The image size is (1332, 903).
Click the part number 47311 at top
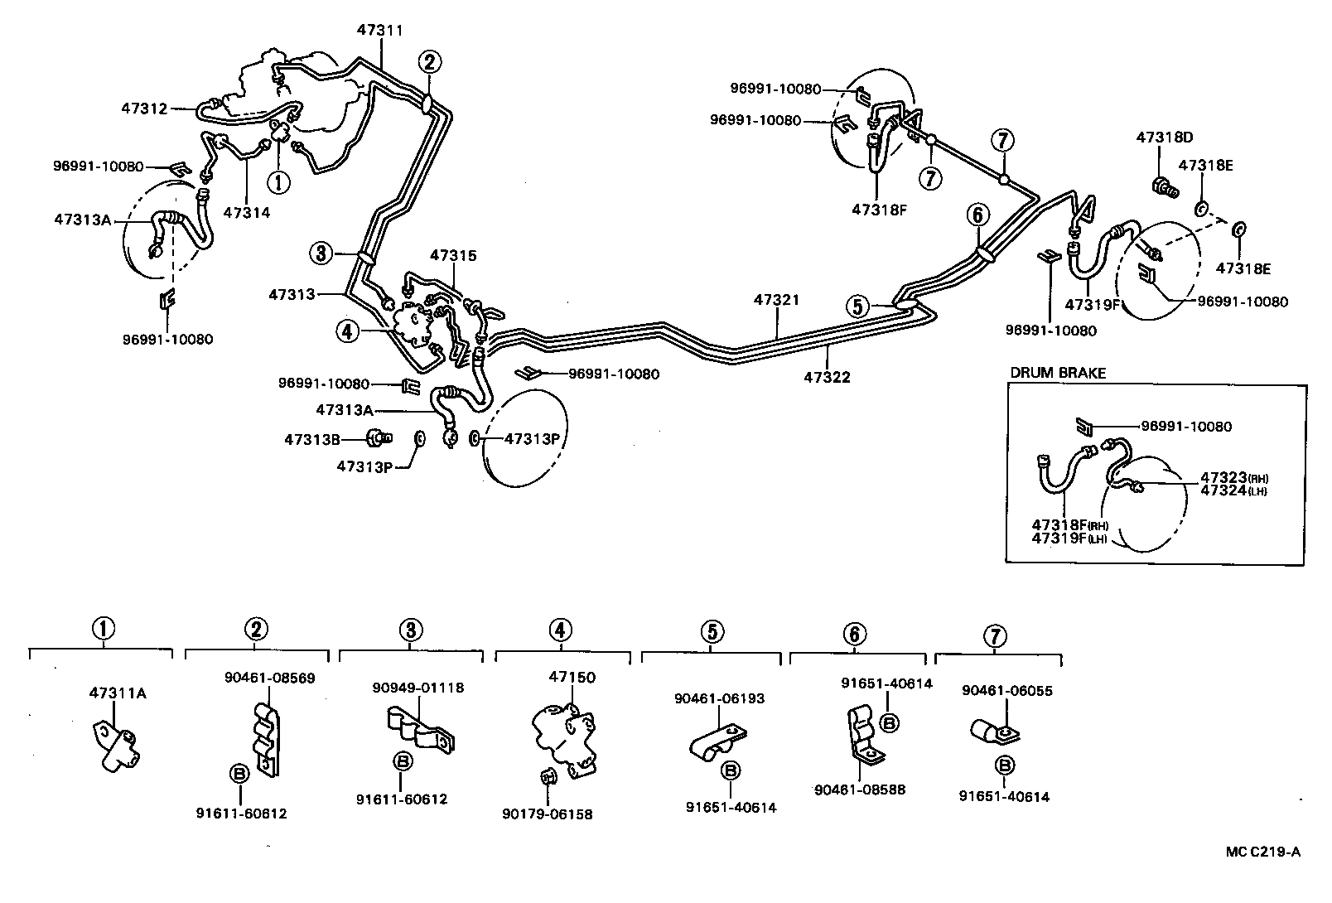(x=380, y=30)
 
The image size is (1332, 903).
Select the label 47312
(x=145, y=109)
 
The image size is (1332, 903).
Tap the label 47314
(x=247, y=212)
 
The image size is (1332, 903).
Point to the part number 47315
(x=453, y=256)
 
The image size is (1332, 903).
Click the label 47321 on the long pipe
(x=777, y=299)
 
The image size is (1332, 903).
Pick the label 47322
(x=827, y=378)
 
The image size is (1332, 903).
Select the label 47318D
(x=1164, y=138)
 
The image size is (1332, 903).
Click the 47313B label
(x=312, y=440)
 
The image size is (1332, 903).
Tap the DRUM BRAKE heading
(x=1058, y=373)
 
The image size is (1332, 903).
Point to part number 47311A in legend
(x=118, y=693)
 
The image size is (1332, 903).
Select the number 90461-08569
(x=269, y=678)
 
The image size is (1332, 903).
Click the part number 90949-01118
(x=418, y=688)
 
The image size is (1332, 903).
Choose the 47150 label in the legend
(x=572, y=677)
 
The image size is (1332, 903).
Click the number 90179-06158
(x=548, y=814)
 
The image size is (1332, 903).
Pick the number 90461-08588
(x=860, y=790)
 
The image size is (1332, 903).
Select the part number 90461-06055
(x=1007, y=690)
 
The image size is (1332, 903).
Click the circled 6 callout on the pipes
(x=977, y=215)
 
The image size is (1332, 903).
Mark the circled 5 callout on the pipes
(x=858, y=307)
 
